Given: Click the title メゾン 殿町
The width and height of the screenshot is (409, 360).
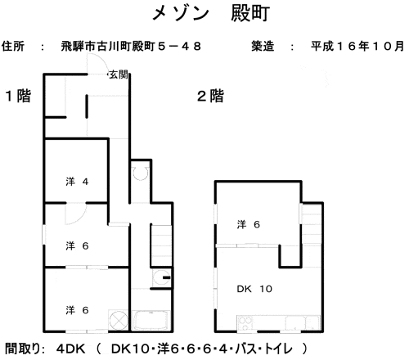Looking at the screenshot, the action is (x=211, y=13).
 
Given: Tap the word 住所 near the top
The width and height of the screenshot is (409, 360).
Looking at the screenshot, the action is (x=13, y=46).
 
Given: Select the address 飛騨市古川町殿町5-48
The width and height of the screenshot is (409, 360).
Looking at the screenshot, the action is (x=131, y=46).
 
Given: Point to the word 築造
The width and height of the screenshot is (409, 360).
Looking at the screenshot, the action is (x=263, y=46).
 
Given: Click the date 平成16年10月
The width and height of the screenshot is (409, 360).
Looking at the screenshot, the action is (x=357, y=46).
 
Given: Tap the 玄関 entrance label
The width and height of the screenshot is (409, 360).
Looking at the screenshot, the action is (x=119, y=74).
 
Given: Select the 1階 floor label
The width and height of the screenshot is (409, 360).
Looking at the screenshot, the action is (x=18, y=96).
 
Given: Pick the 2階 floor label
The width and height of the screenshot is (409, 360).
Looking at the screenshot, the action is (x=210, y=96).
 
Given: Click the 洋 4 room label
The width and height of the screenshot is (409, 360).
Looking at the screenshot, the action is (x=77, y=182).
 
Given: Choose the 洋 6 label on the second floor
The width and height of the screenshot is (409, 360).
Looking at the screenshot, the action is (x=249, y=224).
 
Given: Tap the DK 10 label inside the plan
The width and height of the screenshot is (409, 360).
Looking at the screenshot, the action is (x=254, y=289).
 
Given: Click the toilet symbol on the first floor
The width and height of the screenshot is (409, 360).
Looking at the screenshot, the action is (x=141, y=173).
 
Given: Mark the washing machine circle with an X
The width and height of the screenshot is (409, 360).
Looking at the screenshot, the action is (x=119, y=321).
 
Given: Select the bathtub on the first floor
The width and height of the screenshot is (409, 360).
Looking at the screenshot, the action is (x=151, y=321).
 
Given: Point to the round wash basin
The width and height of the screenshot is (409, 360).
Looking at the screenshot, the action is (x=160, y=277).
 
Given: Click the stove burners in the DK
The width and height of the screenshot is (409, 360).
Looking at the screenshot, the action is (x=245, y=324).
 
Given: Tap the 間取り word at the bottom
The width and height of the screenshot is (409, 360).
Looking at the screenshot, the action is (x=25, y=349).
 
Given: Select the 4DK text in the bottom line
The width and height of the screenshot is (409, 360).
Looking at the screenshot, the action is (x=71, y=349).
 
